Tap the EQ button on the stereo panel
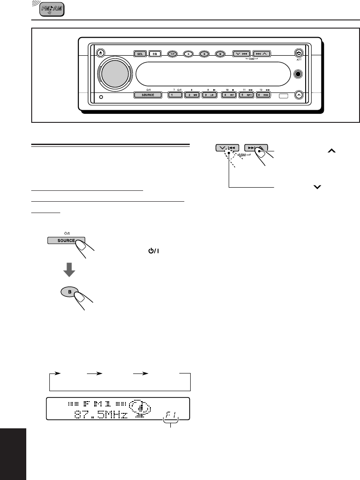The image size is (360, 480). [x=154, y=53]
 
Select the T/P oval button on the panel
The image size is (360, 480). [x=173, y=53]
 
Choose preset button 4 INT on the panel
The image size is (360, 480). [x=229, y=95]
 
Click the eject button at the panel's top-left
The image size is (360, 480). [x=101, y=53]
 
